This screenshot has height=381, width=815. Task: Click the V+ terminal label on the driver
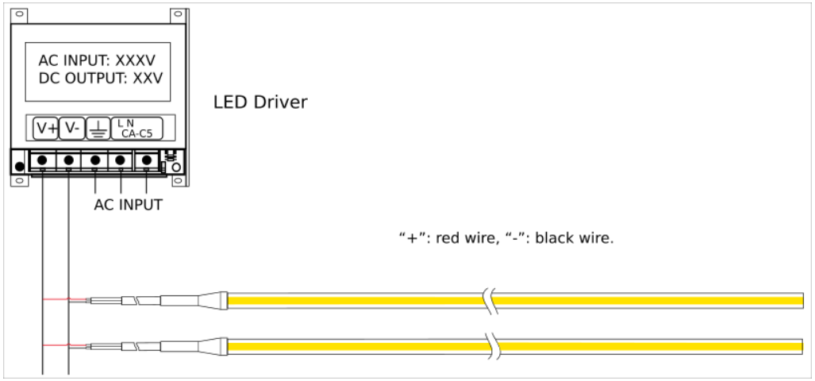pyautogui.click(x=46, y=129)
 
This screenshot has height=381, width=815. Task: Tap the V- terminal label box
pyautogui.click(x=71, y=129)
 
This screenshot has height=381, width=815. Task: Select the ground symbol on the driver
pyautogui.click(x=97, y=129)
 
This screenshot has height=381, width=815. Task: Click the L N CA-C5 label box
pyautogui.click(x=136, y=129)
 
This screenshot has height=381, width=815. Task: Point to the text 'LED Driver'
pyautogui.click(x=260, y=102)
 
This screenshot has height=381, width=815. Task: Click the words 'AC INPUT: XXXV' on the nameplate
pyautogui.click(x=97, y=61)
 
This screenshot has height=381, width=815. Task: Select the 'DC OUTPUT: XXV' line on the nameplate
pyautogui.click(x=101, y=79)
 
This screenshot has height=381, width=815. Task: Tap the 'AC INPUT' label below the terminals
pyautogui.click(x=128, y=205)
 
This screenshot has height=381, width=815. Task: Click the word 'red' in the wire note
pyautogui.click(x=446, y=239)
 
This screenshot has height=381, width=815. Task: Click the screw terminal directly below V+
pyautogui.click(x=43, y=160)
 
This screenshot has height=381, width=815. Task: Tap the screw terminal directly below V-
pyautogui.click(x=68, y=160)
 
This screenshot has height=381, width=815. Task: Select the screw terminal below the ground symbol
pyautogui.click(x=95, y=160)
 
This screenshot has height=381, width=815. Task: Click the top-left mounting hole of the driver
pyautogui.click(x=19, y=14)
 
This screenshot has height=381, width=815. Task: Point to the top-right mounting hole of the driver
pyautogui.click(x=178, y=14)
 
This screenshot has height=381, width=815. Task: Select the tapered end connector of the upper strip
pyautogui.click(x=212, y=300)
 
